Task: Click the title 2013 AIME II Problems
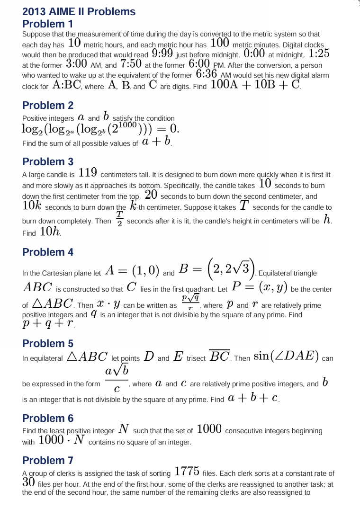[x=79, y=12]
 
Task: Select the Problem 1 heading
[x=48, y=24]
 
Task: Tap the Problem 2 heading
[x=48, y=105]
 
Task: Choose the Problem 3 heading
[x=48, y=161]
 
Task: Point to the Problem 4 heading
[x=48, y=252]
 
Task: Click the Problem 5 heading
[x=48, y=343]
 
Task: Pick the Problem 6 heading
[x=48, y=418]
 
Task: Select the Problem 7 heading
[x=48, y=460]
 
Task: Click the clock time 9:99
[x=162, y=53]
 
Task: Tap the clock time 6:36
[x=206, y=74]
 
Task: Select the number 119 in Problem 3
[x=88, y=173]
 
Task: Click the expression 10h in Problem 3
[x=50, y=232]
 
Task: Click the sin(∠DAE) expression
[x=286, y=356]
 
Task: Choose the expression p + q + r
[x=48, y=324]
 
